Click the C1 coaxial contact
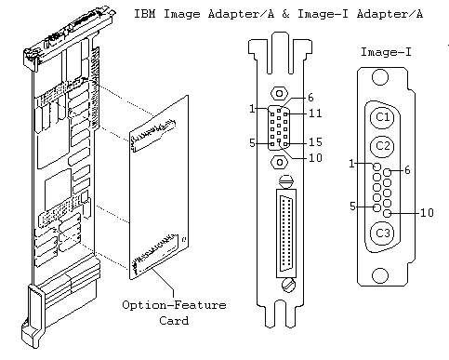(x=382, y=117)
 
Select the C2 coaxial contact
(x=382, y=146)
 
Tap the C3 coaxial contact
(x=382, y=233)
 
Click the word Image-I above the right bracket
(x=386, y=52)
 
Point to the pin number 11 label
(x=315, y=113)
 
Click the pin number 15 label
(x=315, y=142)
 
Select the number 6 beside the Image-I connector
(x=407, y=170)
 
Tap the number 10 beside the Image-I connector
(x=427, y=212)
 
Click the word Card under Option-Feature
(x=174, y=320)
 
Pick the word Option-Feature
(x=174, y=305)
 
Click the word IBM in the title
(x=145, y=14)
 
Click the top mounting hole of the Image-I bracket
(x=380, y=77)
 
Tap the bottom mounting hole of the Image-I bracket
(x=380, y=275)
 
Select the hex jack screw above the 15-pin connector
(x=279, y=93)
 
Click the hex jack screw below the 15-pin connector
(x=279, y=162)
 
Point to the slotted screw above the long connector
(x=286, y=181)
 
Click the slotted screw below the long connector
(x=289, y=285)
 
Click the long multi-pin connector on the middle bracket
(x=286, y=233)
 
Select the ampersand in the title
(x=285, y=14)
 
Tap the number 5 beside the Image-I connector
(x=352, y=207)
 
